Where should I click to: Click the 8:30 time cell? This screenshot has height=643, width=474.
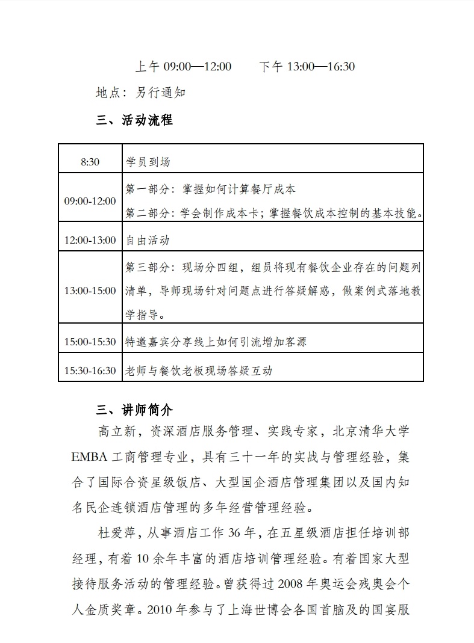(x=90, y=162)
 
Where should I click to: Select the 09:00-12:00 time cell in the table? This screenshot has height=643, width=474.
(x=90, y=201)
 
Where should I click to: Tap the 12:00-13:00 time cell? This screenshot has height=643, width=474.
(x=90, y=241)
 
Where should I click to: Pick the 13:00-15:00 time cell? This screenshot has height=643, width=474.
(x=90, y=291)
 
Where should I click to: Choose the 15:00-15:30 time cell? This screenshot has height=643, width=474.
(x=90, y=342)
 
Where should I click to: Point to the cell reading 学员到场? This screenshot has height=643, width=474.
(x=148, y=162)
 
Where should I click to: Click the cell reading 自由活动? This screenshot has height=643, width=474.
(x=148, y=241)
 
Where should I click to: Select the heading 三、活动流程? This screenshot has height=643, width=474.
(x=134, y=120)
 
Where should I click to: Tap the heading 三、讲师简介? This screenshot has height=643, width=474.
(x=134, y=410)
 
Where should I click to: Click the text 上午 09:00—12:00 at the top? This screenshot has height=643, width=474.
(x=182, y=66)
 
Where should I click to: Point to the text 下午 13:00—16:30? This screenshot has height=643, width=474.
(x=307, y=66)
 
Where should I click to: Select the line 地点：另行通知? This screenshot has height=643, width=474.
(x=141, y=93)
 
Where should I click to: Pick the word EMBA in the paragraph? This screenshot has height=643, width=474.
(x=89, y=457)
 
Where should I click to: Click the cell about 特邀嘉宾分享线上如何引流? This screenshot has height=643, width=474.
(x=216, y=342)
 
